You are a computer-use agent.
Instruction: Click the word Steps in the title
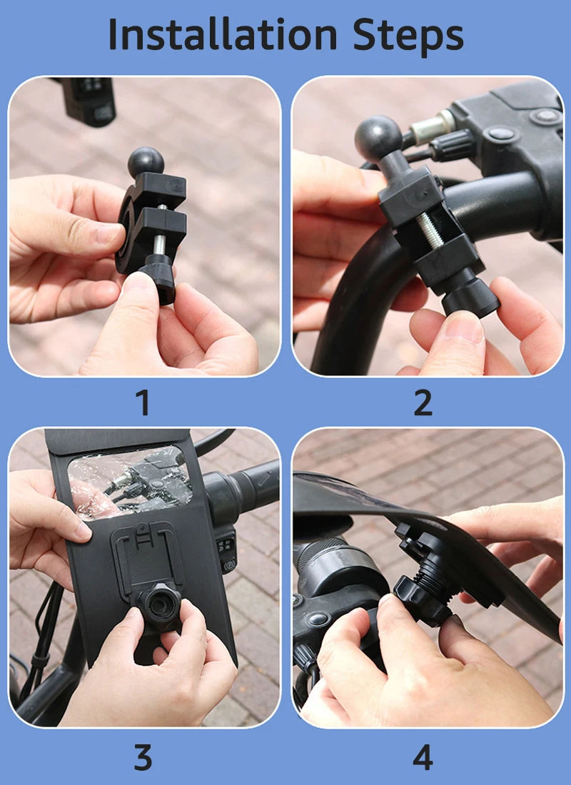(408, 36)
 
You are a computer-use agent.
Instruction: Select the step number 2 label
(423, 402)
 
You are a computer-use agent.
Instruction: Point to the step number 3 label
(143, 757)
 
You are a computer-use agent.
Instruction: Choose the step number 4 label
(423, 757)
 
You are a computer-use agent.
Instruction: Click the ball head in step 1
(146, 161)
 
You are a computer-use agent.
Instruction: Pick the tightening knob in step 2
(470, 296)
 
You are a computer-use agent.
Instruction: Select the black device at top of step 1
(89, 101)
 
